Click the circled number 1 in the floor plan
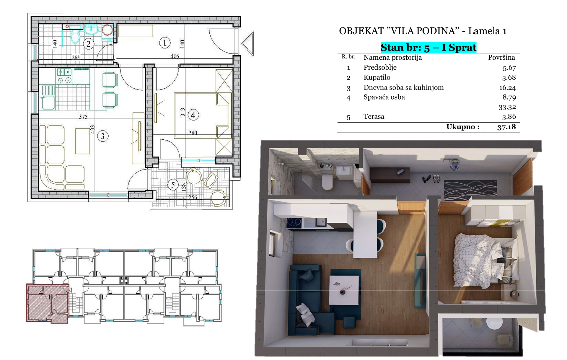pyautogui.click(x=164, y=43)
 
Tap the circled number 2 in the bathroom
pyautogui.click(x=88, y=44)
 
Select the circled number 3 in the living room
pyautogui.click(x=102, y=136)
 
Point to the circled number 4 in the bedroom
pyautogui.click(x=193, y=115)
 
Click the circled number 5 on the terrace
pyautogui.click(x=173, y=185)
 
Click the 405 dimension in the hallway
pyautogui.click(x=175, y=56)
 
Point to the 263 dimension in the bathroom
pyautogui.click(x=76, y=57)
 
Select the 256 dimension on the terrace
pyautogui.click(x=193, y=197)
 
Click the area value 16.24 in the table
pyautogui.click(x=507, y=87)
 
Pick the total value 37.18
pyautogui.click(x=506, y=127)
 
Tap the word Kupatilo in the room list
pyautogui.click(x=377, y=77)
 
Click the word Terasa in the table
pyautogui.click(x=374, y=116)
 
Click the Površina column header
pyautogui.click(x=501, y=57)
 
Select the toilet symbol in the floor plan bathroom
pyautogui.click(x=75, y=37)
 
